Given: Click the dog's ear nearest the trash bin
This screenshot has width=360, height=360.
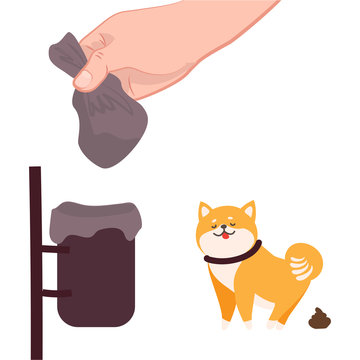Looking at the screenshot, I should point(205,213).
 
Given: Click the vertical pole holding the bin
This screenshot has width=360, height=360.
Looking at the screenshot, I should point(36,260).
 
